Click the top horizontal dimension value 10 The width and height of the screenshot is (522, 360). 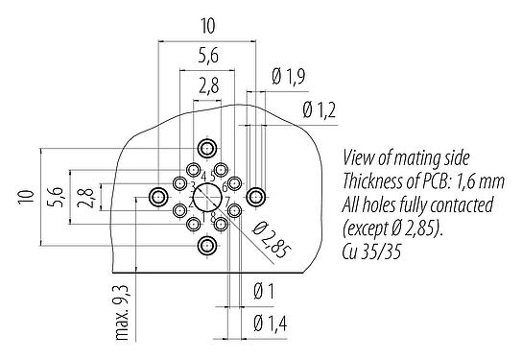[207, 26]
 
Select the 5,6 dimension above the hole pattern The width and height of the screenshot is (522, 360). [207, 56]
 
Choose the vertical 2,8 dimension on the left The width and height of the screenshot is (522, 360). [84, 198]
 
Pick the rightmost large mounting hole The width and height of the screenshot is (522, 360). [256, 198]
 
